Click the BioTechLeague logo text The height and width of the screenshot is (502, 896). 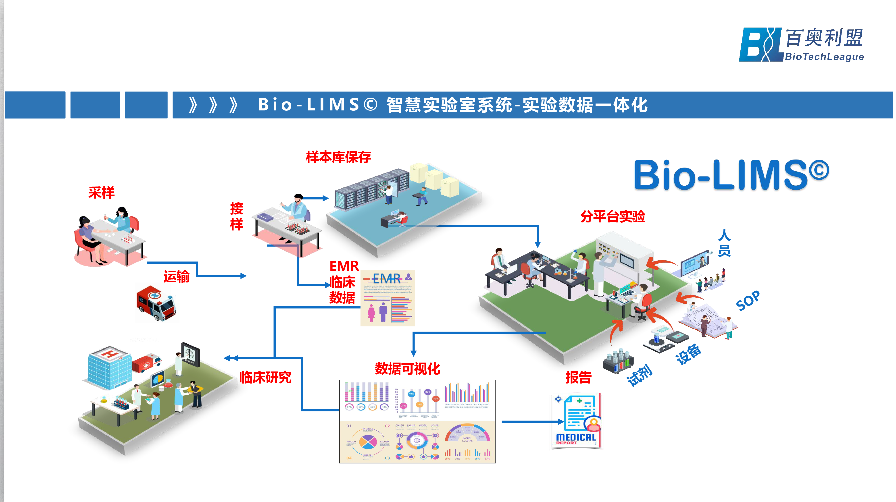(824, 57)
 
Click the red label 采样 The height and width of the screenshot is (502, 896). (101, 193)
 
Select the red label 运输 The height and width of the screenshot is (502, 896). (176, 277)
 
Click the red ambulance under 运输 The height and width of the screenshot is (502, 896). (156, 303)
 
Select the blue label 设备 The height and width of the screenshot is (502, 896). (688, 354)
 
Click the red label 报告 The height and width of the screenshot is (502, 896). (578, 377)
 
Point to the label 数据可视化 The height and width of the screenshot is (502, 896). (407, 369)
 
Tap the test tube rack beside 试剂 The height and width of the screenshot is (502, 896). (618, 361)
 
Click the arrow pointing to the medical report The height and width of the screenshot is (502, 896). (532, 422)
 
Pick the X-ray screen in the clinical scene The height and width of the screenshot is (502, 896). (190, 354)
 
